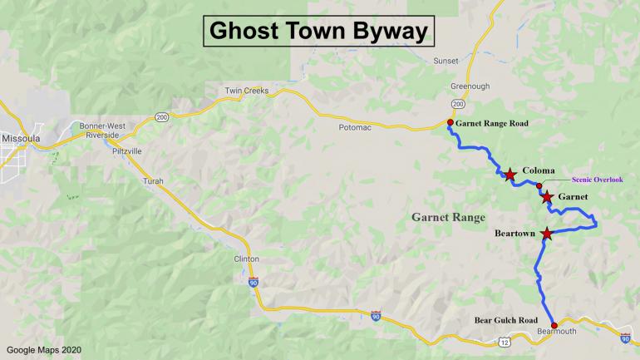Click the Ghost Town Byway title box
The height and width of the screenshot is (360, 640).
(x=319, y=31)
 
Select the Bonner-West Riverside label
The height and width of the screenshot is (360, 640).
(x=101, y=130)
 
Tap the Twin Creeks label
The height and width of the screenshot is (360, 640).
(x=247, y=91)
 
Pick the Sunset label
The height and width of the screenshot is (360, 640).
(x=446, y=61)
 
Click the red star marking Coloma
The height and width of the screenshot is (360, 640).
(x=510, y=175)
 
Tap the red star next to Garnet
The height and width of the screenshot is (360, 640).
(x=548, y=197)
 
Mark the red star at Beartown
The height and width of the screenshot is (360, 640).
(x=547, y=234)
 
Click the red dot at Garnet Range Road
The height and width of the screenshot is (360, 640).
(x=450, y=123)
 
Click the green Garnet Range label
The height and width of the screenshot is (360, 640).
(x=448, y=217)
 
